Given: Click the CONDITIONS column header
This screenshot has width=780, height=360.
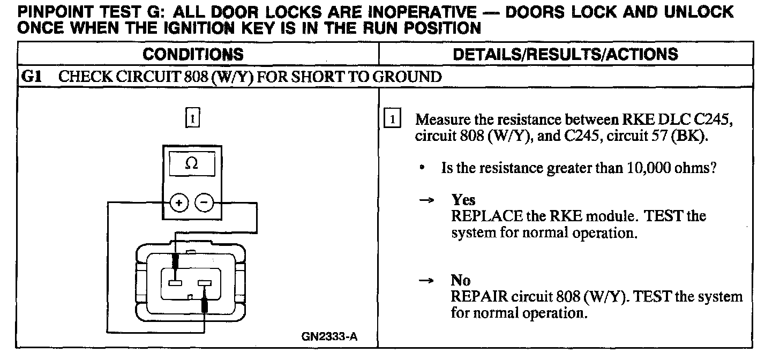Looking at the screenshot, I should click(x=193, y=54).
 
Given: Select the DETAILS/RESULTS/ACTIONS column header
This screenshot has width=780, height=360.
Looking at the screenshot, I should click(x=565, y=54).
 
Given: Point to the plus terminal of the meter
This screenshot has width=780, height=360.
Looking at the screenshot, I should click(x=179, y=202).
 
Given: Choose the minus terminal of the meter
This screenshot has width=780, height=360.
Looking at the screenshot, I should click(x=204, y=202).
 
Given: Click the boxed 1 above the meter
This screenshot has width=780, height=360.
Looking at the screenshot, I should click(x=192, y=117).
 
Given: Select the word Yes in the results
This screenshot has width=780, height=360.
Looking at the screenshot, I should click(x=463, y=200).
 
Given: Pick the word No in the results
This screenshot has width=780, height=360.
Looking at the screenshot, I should click(x=461, y=281).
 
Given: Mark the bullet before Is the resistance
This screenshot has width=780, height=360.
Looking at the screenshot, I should click(x=423, y=168).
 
